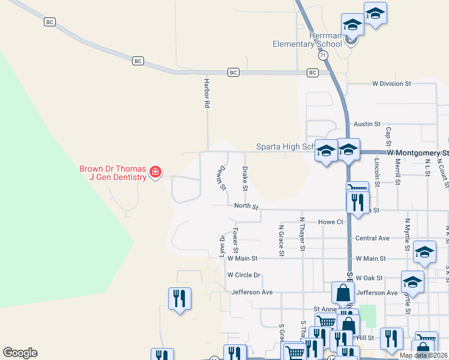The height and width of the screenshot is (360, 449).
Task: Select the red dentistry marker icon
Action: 155,173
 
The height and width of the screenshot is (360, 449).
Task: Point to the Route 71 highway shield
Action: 324,55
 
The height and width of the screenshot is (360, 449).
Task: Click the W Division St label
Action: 391,84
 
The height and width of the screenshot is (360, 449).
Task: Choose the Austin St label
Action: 367,124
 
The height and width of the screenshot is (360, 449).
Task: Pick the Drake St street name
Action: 245,179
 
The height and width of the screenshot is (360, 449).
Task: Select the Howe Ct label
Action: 330,222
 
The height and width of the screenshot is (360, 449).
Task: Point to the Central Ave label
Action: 372,238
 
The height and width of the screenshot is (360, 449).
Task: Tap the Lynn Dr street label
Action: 222,247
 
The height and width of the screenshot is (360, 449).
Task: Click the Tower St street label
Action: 236,241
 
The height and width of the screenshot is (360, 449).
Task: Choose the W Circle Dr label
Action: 244,275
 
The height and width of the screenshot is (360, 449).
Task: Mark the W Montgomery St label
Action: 417,154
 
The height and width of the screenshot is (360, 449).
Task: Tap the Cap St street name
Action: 388,138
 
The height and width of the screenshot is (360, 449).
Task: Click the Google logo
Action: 20,353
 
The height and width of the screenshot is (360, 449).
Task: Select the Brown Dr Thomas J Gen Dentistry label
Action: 113,173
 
